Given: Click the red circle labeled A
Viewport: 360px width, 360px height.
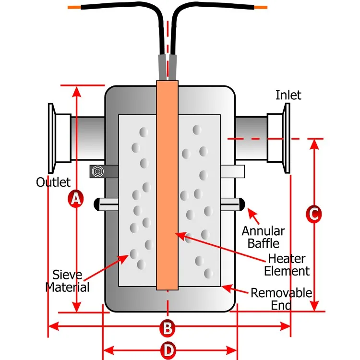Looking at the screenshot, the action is (x=76, y=198).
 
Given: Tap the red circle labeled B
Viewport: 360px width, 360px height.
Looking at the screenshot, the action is (x=168, y=328).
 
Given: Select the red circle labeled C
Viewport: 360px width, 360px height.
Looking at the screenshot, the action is (x=313, y=214).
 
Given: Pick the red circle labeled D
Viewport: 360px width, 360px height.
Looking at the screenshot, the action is (x=169, y=350).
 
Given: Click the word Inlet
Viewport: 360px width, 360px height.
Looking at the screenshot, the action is (x=288, y=95).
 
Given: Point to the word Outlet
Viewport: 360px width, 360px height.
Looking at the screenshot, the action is (x=53, y=182).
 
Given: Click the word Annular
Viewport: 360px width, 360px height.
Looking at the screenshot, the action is (x=263, y=231).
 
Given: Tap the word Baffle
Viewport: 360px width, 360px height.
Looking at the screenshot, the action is (x=264, y=243).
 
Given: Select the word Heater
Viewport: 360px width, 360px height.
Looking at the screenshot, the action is (x=287, y=259).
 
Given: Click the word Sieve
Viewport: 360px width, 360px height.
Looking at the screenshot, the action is (x=67, y=275).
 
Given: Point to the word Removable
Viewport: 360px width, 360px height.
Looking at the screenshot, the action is (x=281, y=293).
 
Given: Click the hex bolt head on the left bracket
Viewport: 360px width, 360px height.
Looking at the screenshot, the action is (x=97, y=171).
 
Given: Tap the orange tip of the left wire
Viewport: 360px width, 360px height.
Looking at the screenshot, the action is (x=74, y=7).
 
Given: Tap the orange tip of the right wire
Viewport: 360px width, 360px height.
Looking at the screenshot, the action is (x=261, y=7).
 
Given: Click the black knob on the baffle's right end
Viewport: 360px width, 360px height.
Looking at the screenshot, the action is (x=242, y=204).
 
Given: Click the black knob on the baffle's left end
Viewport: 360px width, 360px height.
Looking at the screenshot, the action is (x=96, y=204).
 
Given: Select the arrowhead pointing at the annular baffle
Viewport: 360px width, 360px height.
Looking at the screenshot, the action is (x=251, y=212).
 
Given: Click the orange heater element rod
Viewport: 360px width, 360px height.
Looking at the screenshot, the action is (x=168, y=185).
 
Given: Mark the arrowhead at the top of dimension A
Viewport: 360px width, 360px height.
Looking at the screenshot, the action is (x=76, y=91).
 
